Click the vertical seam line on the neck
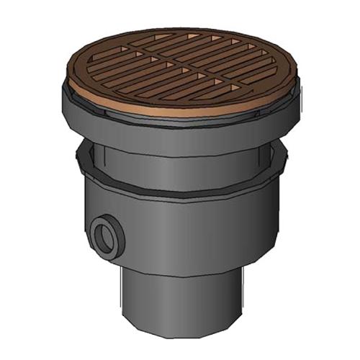coord(96,155)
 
